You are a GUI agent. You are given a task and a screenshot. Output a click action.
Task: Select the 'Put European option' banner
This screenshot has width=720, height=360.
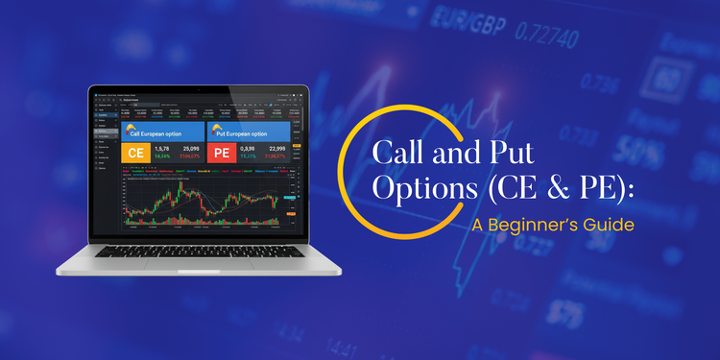point(249,132)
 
